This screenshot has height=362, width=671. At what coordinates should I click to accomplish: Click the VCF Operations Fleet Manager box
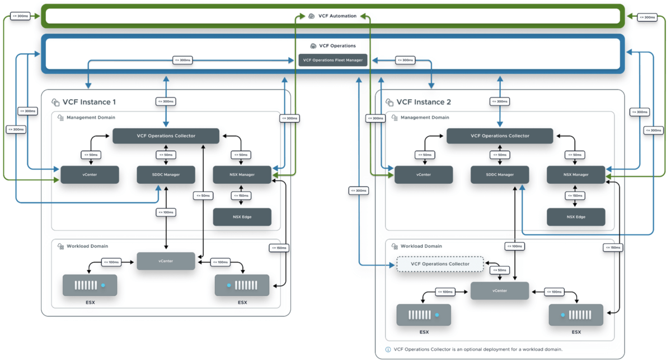(333, 60)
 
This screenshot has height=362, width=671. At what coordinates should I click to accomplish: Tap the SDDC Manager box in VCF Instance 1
(166, 175)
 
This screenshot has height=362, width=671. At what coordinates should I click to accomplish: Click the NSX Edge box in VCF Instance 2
(575, 217)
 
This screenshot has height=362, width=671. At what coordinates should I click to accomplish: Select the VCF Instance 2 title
(424, 102)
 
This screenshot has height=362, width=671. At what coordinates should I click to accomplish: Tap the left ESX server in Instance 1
(90, 285)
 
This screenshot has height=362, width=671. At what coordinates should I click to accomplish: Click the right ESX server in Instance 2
(576, 315)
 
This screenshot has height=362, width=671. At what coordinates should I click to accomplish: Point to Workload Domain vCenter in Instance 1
(166, 261)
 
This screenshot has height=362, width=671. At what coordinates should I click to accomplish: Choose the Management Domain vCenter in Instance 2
(423, 175)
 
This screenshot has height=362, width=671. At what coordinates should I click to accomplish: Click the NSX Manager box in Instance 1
(242, 175)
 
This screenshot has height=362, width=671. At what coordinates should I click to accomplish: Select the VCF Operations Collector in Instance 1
(166, 136)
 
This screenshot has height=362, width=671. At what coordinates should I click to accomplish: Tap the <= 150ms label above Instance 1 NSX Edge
(241, 196)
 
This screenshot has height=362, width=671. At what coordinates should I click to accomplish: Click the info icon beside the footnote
(388, 349)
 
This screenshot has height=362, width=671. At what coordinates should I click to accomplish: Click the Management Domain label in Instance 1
(91, 118)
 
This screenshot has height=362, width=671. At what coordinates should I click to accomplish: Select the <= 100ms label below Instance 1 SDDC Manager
(166, 212)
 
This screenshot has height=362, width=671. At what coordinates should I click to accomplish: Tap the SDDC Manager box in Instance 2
(499, 175)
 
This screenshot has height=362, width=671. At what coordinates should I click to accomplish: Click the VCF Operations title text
(337, 45)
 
